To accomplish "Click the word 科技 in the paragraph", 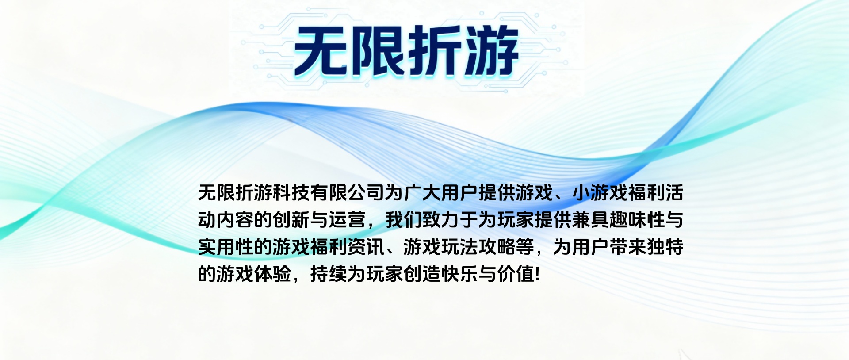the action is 291,193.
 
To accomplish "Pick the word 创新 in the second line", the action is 291,220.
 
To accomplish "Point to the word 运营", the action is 347,220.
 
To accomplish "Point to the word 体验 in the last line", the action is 272,274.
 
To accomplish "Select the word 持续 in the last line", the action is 329,274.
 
